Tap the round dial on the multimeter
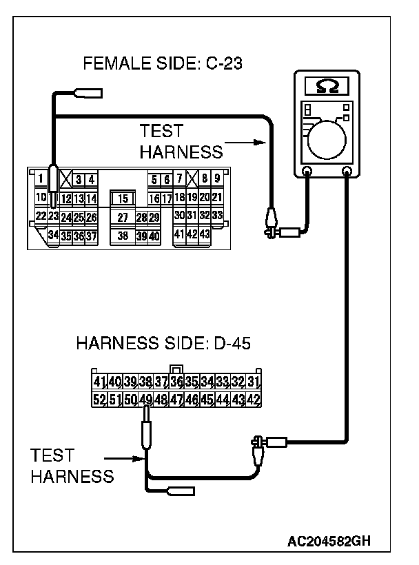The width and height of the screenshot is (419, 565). click(x=326, y=139)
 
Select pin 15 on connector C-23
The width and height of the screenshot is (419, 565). click(x=122, y=198)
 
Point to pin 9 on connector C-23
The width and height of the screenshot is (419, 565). click(x=216, y=180)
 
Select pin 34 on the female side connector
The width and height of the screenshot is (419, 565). click(x=53, y=236)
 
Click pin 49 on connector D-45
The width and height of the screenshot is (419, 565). click(x=145, y=399)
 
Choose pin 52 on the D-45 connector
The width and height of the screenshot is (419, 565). click(x=99, y=399)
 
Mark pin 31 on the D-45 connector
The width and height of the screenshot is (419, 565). click(x=254, y=382)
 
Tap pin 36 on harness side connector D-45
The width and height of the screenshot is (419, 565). click(x=176, y=382)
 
